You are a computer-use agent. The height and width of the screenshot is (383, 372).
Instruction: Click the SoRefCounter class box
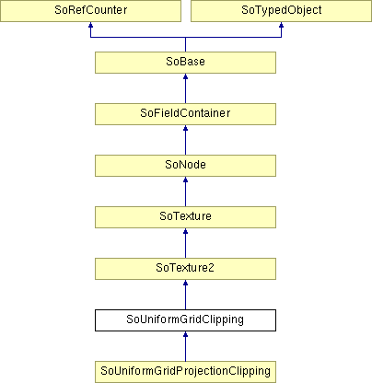coord(90,11)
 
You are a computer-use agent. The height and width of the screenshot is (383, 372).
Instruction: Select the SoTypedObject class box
coord(281,11)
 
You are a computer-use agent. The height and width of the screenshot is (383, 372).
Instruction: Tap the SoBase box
coord(185,63)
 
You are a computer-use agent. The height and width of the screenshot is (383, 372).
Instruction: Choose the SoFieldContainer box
coord(185,114)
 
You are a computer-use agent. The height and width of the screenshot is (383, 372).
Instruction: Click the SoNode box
coord(185,166)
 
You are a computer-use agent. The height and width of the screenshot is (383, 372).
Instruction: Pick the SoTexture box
coord(185,217)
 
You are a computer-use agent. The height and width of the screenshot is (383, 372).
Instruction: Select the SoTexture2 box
coord(185,269)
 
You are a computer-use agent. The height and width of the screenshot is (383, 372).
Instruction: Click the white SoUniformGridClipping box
coord(185,320)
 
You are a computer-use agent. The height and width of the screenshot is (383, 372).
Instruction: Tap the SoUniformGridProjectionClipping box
coord(185,372)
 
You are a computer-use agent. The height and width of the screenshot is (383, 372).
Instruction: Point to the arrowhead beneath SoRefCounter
coord(90,25)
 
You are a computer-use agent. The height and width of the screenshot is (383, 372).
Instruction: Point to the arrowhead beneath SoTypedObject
coord(281,25)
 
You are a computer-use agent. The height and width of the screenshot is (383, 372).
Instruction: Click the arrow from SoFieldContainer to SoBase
coord(185,88)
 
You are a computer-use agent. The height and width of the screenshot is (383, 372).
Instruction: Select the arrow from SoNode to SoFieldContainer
coord(185,140)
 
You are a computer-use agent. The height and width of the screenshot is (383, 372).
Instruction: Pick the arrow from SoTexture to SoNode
coord(185,191)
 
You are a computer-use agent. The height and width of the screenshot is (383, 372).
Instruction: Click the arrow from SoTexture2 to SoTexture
coord(185,243)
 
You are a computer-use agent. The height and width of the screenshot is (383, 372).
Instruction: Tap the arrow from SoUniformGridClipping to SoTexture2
coord(185,295)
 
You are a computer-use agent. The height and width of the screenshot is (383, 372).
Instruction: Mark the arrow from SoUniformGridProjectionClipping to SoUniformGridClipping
coord(185,346)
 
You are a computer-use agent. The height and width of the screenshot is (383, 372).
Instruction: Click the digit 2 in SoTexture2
coord(211,268)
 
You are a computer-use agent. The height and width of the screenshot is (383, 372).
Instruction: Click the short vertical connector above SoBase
coord(185,44)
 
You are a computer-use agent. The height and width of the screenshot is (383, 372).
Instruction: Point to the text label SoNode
coord(185,165)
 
